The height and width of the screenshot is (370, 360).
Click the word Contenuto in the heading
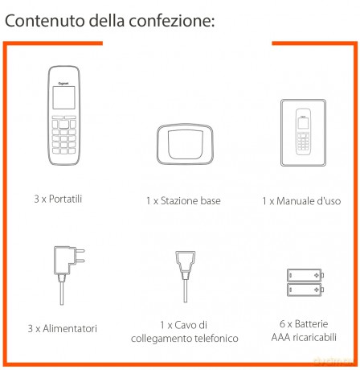pyautogui.click(x=45, y=21)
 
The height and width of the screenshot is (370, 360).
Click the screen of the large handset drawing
pyautogui.click(x=63, y=97)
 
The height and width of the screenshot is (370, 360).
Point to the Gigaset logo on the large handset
pyautogui.click(x=63, y=84)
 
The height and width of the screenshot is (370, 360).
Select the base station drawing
pyautogui.click(x=185, y=144)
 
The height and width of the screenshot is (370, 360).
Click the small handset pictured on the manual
pyautogui.click(x=303, y=132)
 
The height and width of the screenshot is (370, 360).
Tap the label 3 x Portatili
pyautogui.click(x=58, y=199)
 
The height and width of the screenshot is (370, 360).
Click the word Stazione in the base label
pyautogui.click(x=176, y=201)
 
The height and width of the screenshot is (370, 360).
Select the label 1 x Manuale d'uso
pyautogui.click(x=301, y=201)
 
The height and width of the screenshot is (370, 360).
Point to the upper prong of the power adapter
pyautogui.click(x=80, y=251)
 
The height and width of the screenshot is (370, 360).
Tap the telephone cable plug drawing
pyautogui.click(x=185, y=276)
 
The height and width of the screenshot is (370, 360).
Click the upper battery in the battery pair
pyautogui.click(x=305, y=275)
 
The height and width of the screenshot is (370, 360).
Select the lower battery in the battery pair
pyautogui.click(x=305, y=290)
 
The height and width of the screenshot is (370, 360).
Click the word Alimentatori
pyautogui.click(x=70, y=328)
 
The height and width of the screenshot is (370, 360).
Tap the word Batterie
pyautogui.click(x=311, y=324)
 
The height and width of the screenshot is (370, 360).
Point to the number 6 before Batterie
pyautogui.click(x=282, y=324)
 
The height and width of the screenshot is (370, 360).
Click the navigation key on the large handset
pyautogui.click(x=63, y=124)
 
